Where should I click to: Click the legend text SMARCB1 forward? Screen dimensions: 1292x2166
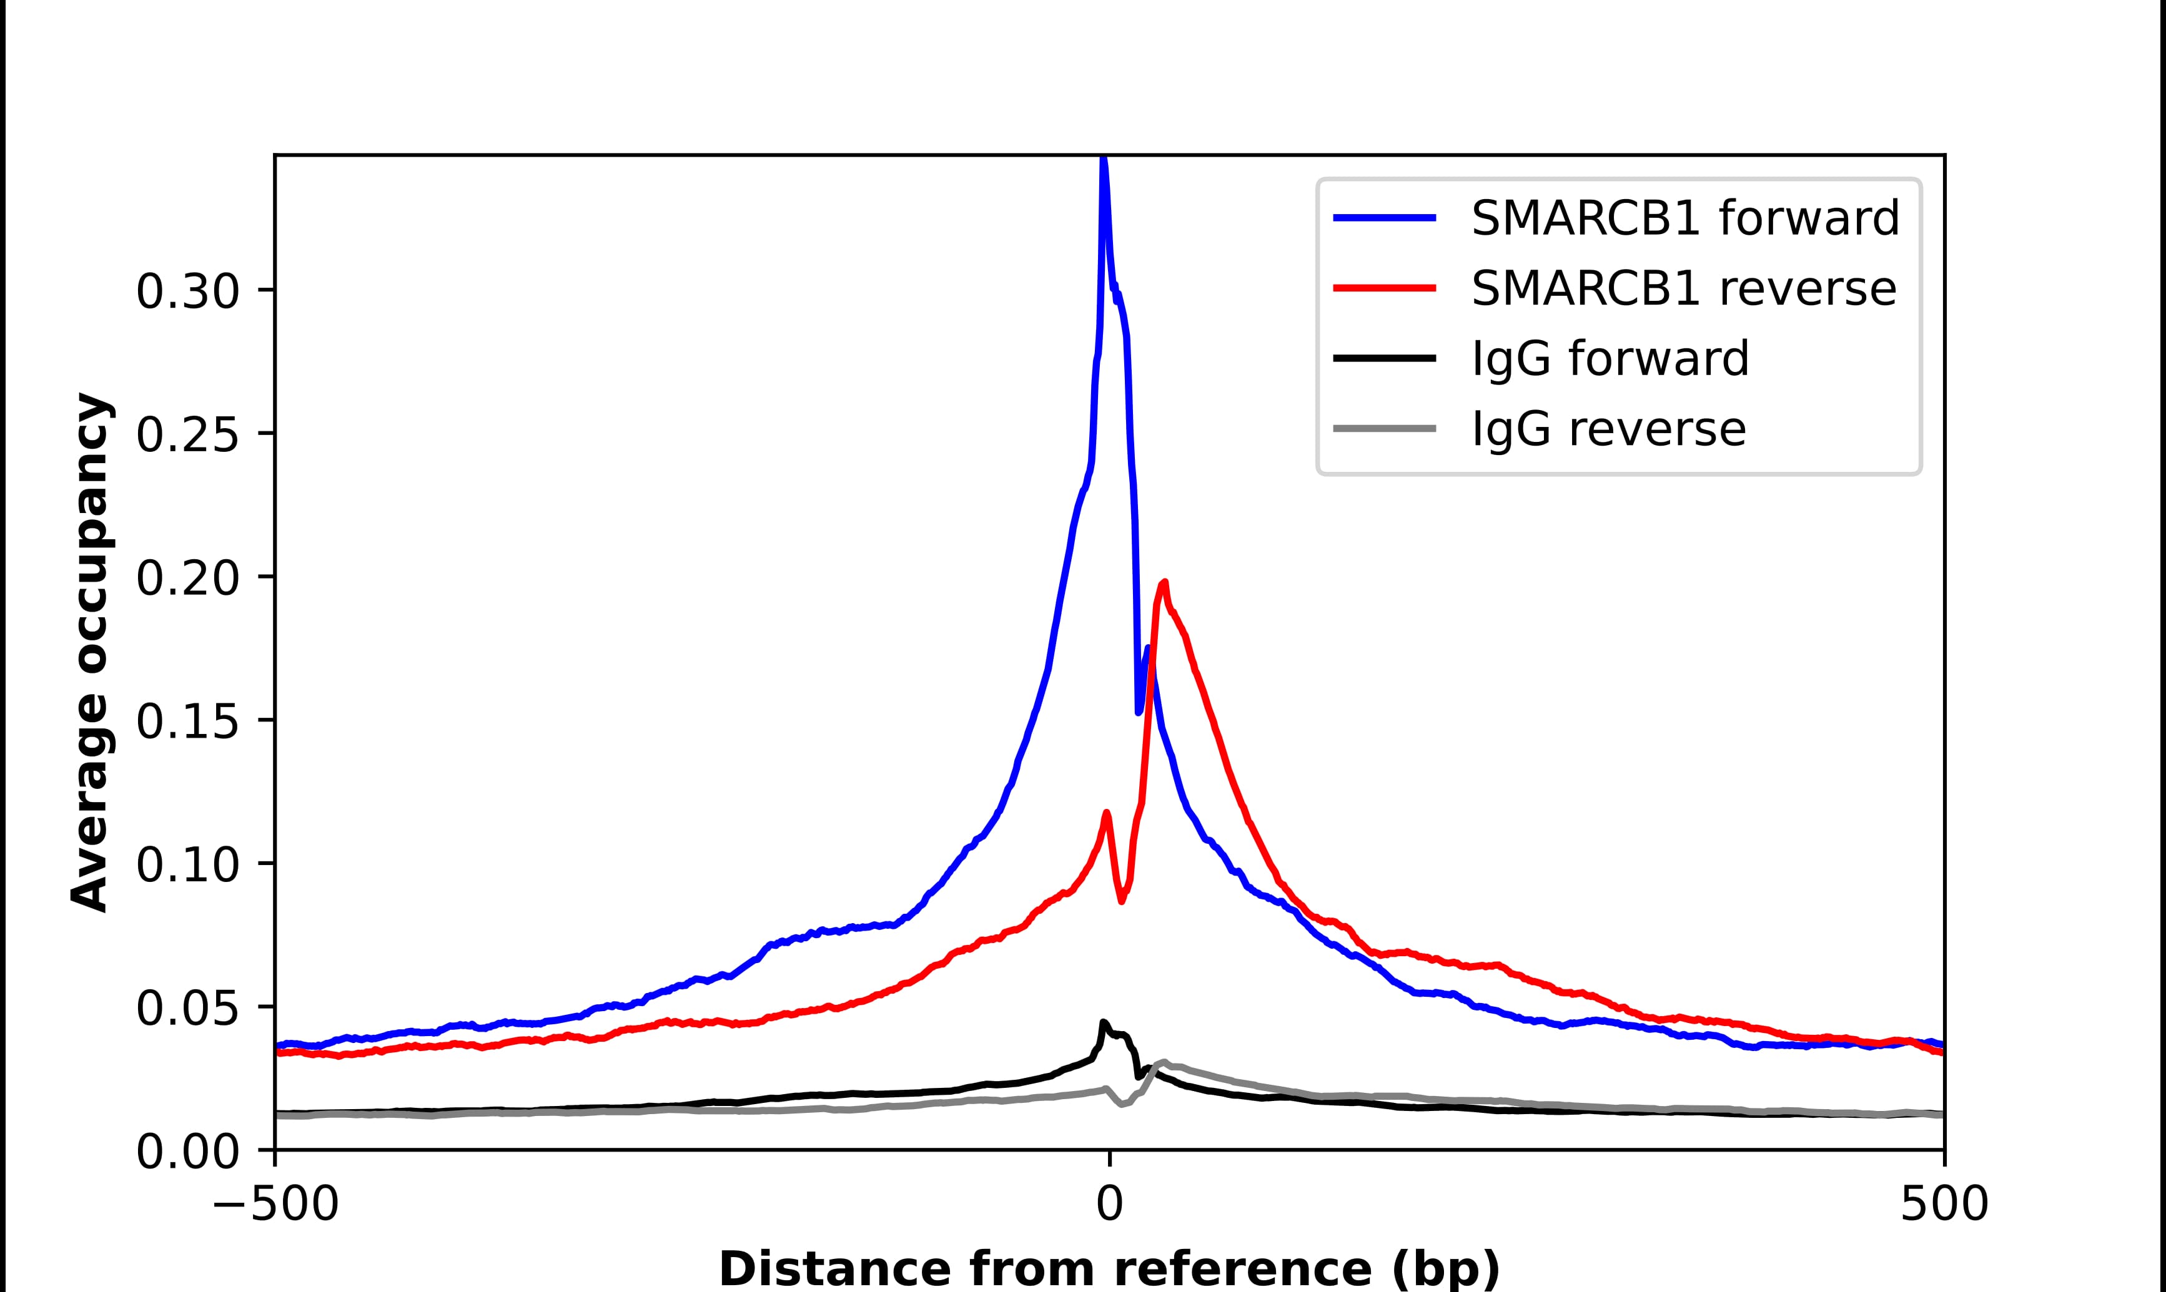point(1684,218)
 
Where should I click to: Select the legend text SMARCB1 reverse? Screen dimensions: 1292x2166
point(1683,288)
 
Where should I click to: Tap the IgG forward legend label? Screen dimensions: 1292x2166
point(1610,359)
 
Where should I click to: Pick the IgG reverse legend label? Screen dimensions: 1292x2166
point(1608,429)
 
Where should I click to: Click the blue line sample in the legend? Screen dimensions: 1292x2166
point(1385,218)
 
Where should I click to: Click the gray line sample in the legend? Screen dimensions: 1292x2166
point(1385,428)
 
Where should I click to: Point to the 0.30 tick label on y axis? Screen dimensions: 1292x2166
point(187,291)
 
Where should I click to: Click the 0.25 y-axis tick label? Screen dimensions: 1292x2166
point(187,434)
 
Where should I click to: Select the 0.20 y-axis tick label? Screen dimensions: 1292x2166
point(187,578)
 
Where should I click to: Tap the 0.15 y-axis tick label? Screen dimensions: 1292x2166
point(187,722)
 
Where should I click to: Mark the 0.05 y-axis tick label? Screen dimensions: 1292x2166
point(187,1008)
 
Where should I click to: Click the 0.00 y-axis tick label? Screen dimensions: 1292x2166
point(187,1152)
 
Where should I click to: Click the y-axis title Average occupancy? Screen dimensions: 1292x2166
point(91,653)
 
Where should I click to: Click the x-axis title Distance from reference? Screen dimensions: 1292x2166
point(1109,1268)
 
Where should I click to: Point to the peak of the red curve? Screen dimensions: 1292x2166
point(1164,582)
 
